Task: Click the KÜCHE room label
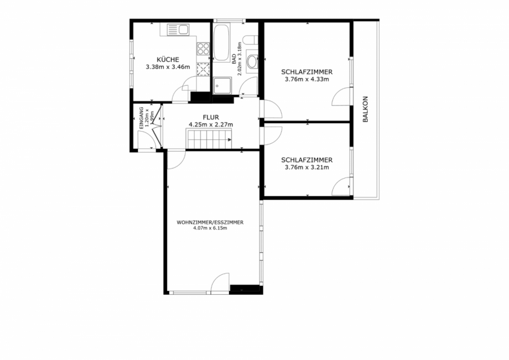[168, 60]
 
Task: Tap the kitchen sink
[178, 29]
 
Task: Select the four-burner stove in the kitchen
[203, 48]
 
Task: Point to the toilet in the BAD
[250, 39]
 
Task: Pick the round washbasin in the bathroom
[252, 62]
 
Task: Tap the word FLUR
[211, 117]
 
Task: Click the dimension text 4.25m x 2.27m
[211, 124]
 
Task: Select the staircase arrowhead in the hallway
[230, 140]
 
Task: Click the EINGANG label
[142, 118]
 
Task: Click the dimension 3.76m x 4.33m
[307, 79]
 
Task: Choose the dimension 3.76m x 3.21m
[307, 167]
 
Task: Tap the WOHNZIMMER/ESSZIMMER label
[210, 222]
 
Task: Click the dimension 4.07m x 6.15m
[210, 228]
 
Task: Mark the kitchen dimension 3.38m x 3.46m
[168, 67]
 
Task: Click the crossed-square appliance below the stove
[203, 68]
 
